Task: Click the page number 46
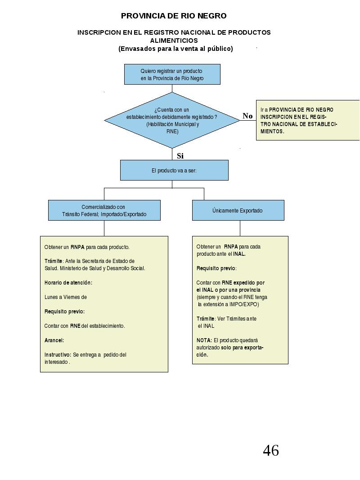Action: coord(271,450)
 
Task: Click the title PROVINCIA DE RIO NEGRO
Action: coord(174,16)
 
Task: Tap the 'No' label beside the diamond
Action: coord(247,116)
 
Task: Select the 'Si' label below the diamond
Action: coord(180,156)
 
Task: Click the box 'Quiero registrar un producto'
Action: coord(172,74)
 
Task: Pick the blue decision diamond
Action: coord(172,120)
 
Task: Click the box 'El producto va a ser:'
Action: coord(174,170)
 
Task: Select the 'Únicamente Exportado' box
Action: coord(238,210)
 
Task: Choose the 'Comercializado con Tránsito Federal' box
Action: coord(104,210)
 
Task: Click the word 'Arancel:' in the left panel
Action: coord(54,340)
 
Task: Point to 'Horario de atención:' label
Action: coord(68,282)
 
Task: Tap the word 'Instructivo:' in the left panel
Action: coord(58,354)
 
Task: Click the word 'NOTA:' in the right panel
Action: coord(204,340)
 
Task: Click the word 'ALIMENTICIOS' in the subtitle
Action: coord(174,41)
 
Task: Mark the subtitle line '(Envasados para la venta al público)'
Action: coord(175,49)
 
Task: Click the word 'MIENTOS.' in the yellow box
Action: coord(272,131)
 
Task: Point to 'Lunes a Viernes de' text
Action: coord(66,297)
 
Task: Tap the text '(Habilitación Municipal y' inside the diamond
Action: coord(172,124)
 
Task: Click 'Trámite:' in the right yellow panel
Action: coord(206,319)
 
